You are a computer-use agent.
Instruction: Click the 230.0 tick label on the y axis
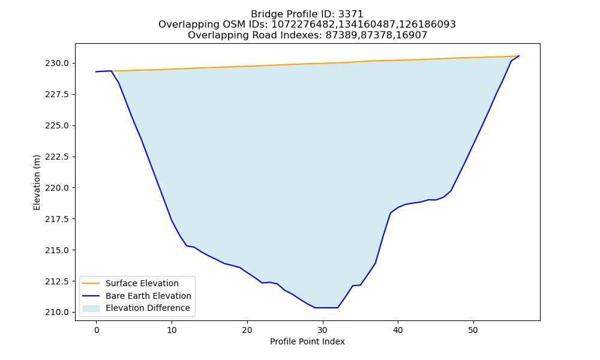coord(58,63)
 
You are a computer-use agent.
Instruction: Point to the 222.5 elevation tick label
coord(58,157)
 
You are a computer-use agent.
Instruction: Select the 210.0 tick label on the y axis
coord(58,312)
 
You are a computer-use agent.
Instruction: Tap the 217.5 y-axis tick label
coord(58,219)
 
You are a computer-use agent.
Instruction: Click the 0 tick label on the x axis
coord(97,330)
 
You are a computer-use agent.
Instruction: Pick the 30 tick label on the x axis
coord(323,330)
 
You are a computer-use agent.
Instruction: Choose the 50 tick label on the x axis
coord(473,330)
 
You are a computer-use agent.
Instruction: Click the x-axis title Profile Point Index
coord(307,341)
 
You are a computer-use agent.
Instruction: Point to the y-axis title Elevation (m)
coord(37,182)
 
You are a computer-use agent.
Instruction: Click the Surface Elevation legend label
coord(142,283)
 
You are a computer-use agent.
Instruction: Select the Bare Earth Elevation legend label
coord(148,296)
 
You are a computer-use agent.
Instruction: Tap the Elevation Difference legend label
coord(148,308)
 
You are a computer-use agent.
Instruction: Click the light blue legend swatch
coord(91,308)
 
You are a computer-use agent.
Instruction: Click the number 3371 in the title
coord(350,14)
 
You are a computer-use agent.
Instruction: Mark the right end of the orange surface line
coord(519,56)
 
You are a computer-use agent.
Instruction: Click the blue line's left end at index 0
coord(97,71)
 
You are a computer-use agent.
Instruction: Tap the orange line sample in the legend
coord(91,283)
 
